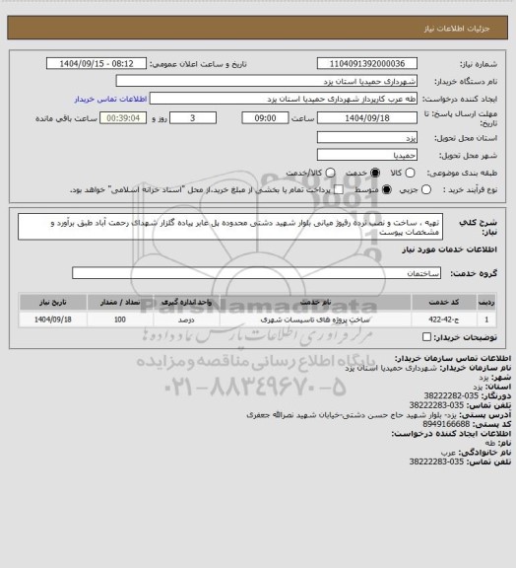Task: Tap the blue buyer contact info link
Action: (110, 100)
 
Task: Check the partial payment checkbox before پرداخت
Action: (339, 188)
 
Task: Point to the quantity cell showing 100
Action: (119, 319)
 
